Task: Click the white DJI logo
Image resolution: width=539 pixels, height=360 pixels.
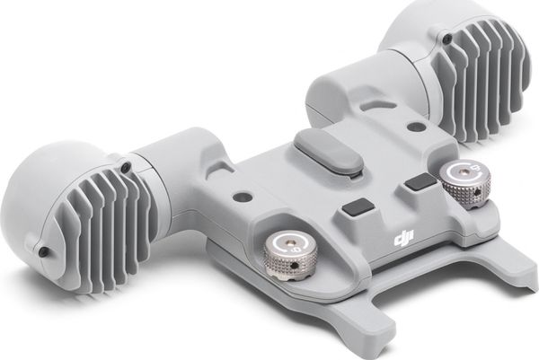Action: tap(404, 238)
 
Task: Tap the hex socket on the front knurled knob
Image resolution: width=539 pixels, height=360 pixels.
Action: tap(291, 244)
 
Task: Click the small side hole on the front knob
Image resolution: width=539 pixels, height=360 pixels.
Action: tap(293, 266)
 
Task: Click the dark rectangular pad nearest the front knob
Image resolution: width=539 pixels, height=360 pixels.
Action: tap(358, 208)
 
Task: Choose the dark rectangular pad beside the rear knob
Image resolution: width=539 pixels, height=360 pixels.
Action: tap(420, 181)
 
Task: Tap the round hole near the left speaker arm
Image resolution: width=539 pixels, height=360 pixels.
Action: tap(242, 198)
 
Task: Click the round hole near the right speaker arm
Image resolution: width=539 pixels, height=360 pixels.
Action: tap(417, 127)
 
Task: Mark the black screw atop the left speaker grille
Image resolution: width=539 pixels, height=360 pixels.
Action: tap(126, 168)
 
